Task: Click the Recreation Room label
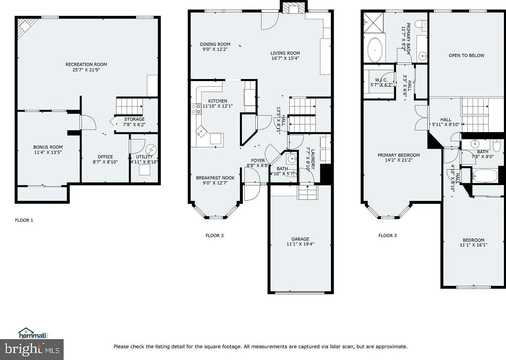click(x=86, y=65)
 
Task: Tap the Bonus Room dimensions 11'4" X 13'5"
click(x=48, y=152)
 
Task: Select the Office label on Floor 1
click(x=105, y=157)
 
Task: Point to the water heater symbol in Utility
click(x=151, y=149)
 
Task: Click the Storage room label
click(x=134, y=119)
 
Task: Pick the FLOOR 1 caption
click(x=24, y=220)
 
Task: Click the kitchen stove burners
click(x=196, y=109)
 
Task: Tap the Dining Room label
click(x=215, y=44)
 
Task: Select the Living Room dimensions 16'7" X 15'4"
click(x=285, y=58)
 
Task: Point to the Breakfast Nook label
click(x=215, y=178)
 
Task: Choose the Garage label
click(x=300, y=239)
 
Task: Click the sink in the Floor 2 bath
click(x=292, y=159)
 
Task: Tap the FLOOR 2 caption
click(x=215, y=235)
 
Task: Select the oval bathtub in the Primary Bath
click(x=375, y=50)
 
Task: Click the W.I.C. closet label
click(x=381, y=80)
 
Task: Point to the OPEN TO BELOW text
click(x=466, y=55)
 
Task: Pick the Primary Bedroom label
click(x=399, y=155)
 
